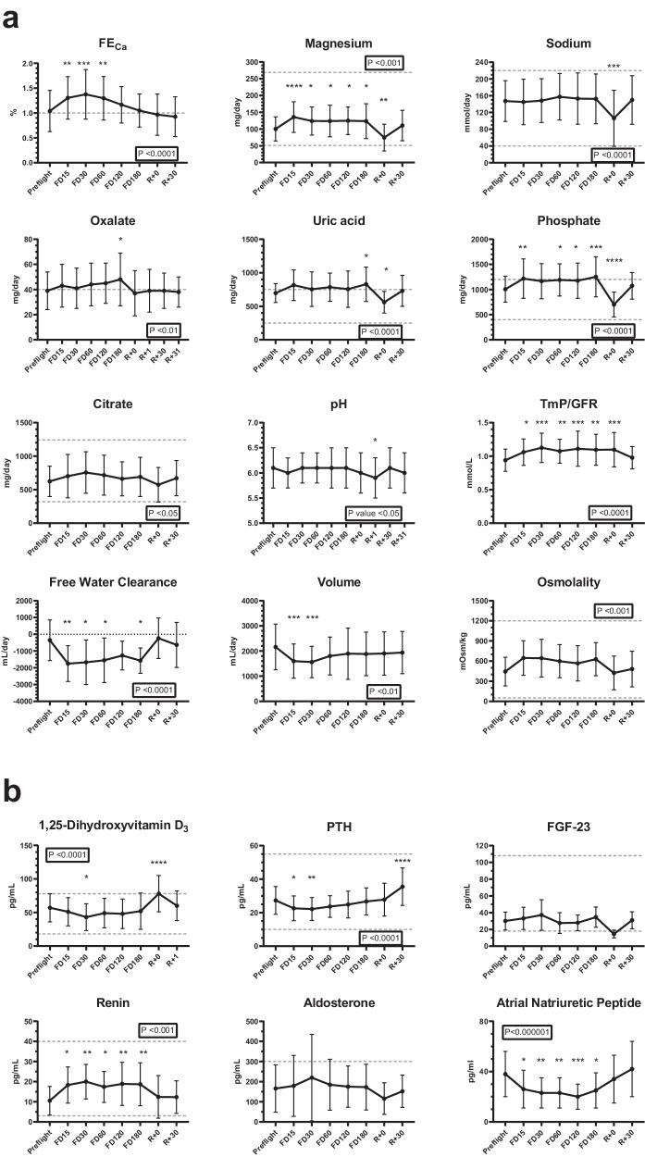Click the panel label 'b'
[12, 791]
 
